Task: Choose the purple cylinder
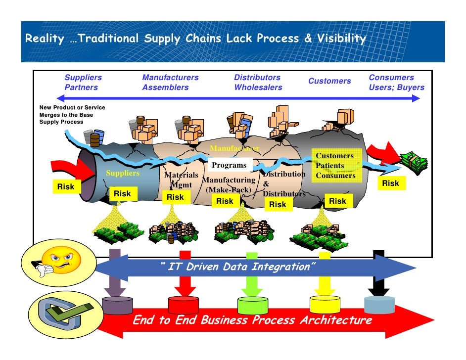click(117, 305)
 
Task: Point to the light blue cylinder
click(379, 304)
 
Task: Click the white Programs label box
click(229, 165)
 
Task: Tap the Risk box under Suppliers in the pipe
click(122, 194)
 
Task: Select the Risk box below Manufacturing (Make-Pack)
click(225, 201)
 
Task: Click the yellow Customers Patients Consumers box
click(335, 166)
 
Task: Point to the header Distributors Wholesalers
click(258, 83)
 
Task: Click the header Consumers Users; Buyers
click(396, 83)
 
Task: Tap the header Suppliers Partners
click(83, 83)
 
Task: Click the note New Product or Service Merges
click(72, 114)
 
